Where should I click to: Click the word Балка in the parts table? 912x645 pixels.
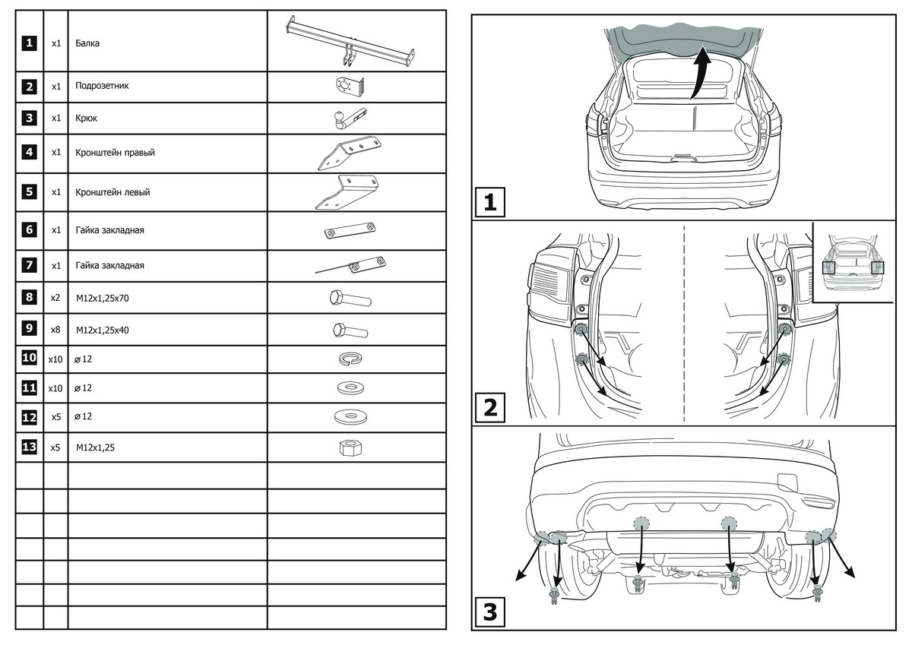point(87,43)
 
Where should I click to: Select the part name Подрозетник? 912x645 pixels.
point(102,86)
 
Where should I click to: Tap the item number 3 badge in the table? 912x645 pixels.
point(29,119)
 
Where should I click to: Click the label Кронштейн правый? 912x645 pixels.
point(115,153)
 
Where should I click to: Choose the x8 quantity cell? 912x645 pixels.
point(55,330)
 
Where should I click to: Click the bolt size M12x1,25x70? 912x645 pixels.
point(103,298)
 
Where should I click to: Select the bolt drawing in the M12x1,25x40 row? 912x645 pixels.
point(350,330)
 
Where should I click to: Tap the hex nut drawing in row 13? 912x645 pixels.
point(348,447)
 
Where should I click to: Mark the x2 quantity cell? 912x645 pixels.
point(55,298)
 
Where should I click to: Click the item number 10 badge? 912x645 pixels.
point(29,358)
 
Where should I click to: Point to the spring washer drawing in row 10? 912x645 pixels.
point(349,358)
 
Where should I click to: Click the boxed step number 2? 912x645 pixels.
point(489,408)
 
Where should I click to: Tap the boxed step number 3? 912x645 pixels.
point(489,612)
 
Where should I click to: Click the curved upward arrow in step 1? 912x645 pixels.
point(700,72)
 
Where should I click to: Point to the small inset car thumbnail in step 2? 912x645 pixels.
point(853,262)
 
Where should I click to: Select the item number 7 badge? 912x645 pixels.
point(29,266)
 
